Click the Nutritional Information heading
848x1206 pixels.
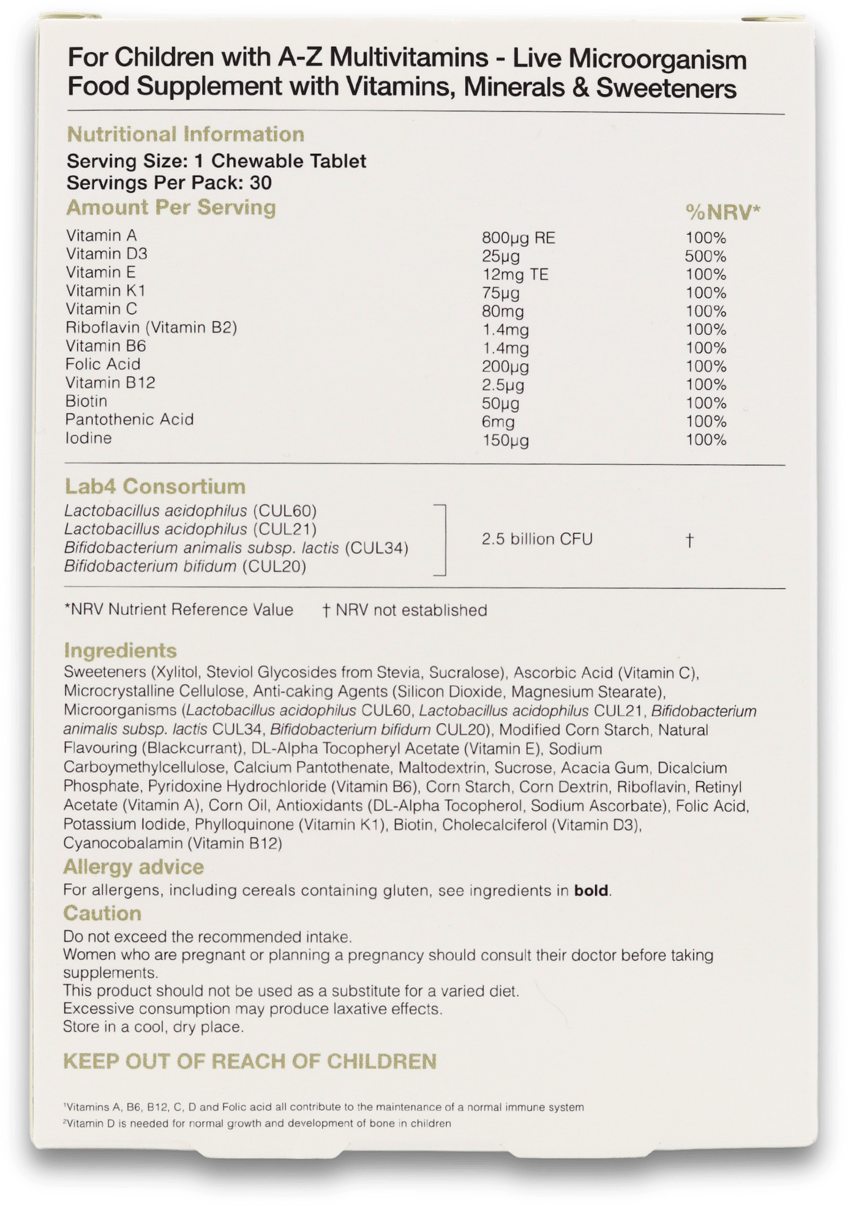coord(185,134)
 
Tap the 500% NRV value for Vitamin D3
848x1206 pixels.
coord(705,256)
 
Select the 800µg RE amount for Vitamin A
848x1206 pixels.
coord(518,238)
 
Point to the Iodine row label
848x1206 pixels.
coord(89,438)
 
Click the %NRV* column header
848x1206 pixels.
coord(722,213)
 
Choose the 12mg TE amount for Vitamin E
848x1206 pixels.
coord(515,274)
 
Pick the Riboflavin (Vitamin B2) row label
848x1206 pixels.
coord(151,328)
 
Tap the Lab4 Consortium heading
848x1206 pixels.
coord(155,486)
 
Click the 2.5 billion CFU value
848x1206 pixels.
coord(537,539)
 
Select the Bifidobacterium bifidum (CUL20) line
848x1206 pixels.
coord(185,566)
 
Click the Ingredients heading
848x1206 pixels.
coord(120,650)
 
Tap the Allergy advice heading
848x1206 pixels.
coord(133,867)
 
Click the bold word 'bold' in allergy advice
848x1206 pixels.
coord(591,891)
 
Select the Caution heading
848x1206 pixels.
coord(102,913)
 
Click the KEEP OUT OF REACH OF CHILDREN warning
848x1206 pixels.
coord(250,1061)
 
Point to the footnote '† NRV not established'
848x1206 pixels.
coord(405,610)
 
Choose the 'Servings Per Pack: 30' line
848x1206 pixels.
coord(169,183)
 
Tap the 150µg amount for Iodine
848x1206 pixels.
coord(505,440)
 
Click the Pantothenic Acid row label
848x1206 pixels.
coord(129,420)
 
